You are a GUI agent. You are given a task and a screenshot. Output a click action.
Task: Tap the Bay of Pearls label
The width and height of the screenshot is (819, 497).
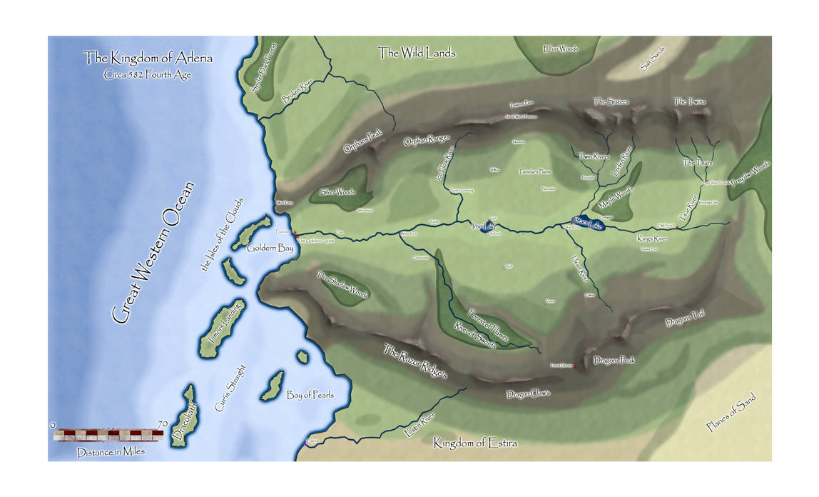coord(310,395)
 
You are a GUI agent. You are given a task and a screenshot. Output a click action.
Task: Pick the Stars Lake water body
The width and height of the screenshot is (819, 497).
coord(588,224)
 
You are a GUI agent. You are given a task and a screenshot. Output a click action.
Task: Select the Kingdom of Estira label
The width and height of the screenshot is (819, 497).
coord(475,443)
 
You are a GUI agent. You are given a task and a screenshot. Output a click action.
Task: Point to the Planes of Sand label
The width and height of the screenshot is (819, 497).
coord(731,413)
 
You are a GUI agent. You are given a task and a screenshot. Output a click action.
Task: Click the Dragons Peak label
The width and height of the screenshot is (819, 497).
coord(614,361)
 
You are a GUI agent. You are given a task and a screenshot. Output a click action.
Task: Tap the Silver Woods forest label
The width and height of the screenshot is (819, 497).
coord(337,191)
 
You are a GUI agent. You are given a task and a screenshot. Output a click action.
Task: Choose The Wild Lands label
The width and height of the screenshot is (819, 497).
coord(417,52)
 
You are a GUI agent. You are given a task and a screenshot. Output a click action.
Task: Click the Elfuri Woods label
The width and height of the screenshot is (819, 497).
coord(560,49)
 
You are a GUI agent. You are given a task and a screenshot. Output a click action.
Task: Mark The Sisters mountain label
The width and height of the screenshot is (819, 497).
coord(611,101)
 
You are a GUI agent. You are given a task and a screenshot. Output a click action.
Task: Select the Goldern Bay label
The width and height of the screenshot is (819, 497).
coord(265,248)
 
